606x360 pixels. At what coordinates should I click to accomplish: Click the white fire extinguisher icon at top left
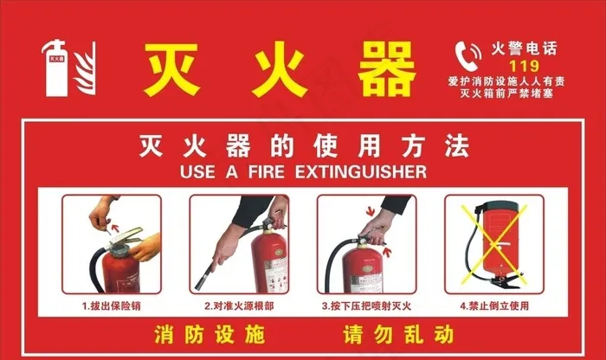pyautogui.click(x=58, y=67)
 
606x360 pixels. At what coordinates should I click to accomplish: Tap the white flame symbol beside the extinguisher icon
pyautogui.click(x=85, y=69)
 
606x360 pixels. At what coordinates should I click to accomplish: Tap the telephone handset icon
pyautogui.click(x=469, y=54)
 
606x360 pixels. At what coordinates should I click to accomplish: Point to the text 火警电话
pyautogui.click(x=523, y=48)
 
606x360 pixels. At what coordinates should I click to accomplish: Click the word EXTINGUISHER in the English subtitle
pyautogui.click(x=361, y=172)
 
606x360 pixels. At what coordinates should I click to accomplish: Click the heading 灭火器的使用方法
pyautogui.click(x=303, y=146)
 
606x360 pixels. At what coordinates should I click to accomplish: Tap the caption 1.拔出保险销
pyautogui.click(x=112, y=306)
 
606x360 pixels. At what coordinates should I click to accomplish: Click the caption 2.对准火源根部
pyautogui.click(x=239, y=306)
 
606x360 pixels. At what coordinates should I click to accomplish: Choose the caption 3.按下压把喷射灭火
pyautogui.click(x=366, y=306)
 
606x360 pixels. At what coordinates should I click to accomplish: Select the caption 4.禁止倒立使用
pyautogui.click(x=493, y=306)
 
